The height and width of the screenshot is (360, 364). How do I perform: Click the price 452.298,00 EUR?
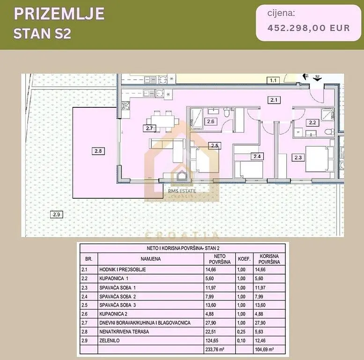click(x=308, y=28)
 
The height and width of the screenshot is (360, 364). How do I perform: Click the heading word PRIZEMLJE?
click(x=59, y=14)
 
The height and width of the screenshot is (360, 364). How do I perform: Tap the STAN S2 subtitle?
click(x=42, y=34)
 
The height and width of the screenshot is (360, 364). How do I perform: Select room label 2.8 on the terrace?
click(x=97, y=151)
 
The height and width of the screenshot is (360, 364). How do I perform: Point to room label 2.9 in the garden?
click(x=56, y=215)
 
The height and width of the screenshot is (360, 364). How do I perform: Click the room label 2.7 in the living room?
click(x=149, y=128)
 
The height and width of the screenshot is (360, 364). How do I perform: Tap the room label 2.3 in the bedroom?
click(x=298, y=157)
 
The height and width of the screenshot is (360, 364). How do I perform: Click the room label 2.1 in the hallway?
click(x=274, y=99)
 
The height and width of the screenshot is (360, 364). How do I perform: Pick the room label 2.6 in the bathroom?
click(x=210, y=122)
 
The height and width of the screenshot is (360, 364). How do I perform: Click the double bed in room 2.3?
click(x=318, y=159)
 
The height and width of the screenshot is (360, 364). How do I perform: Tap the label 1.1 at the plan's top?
click(x=273, y=81)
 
